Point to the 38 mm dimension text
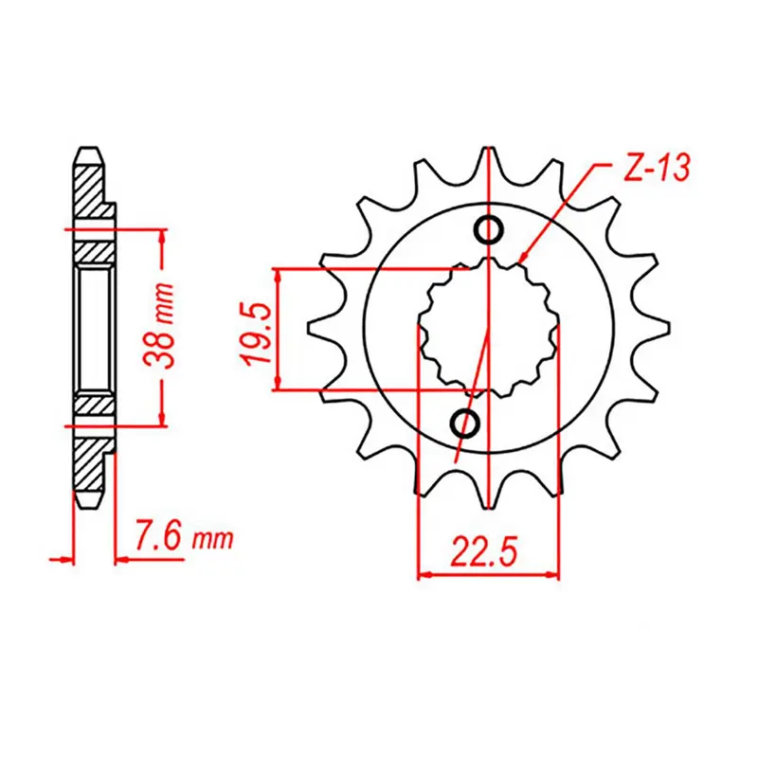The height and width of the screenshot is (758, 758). click(x=163, y=328)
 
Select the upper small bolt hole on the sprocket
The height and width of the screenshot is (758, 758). click(x=489, y=228)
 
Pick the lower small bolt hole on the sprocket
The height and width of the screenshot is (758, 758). click(x=466, y=423)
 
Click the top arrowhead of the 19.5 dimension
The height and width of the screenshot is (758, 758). click(x=278, y=276)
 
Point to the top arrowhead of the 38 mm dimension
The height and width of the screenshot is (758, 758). click(x=164, y=236)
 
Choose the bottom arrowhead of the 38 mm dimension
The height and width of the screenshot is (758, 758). click(x=164, y=419)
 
